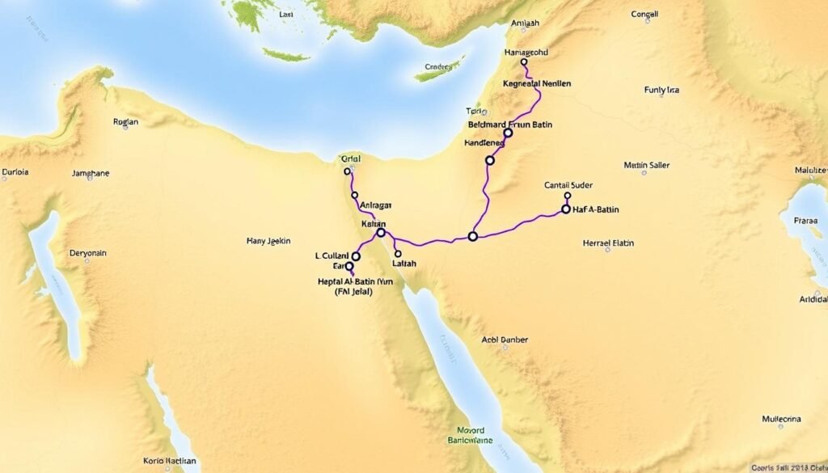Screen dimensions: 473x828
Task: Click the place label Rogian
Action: tap(127, 123)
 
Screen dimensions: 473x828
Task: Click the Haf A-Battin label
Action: tap(596, 209)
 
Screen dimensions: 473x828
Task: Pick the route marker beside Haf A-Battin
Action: tap(566, 209)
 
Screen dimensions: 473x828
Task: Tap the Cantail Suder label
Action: tap(569, 185)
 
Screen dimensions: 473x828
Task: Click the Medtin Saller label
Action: tap(647, 165)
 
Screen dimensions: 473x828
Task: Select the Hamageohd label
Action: tap(515, 52)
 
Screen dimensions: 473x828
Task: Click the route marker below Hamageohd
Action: tap(524, 62)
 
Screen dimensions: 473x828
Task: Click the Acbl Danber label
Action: tap(505, 340)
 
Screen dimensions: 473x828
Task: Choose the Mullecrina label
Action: tap(781, 420)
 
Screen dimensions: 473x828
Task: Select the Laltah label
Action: tap(403, 264)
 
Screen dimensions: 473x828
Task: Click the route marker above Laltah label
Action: tap(397, 253)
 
